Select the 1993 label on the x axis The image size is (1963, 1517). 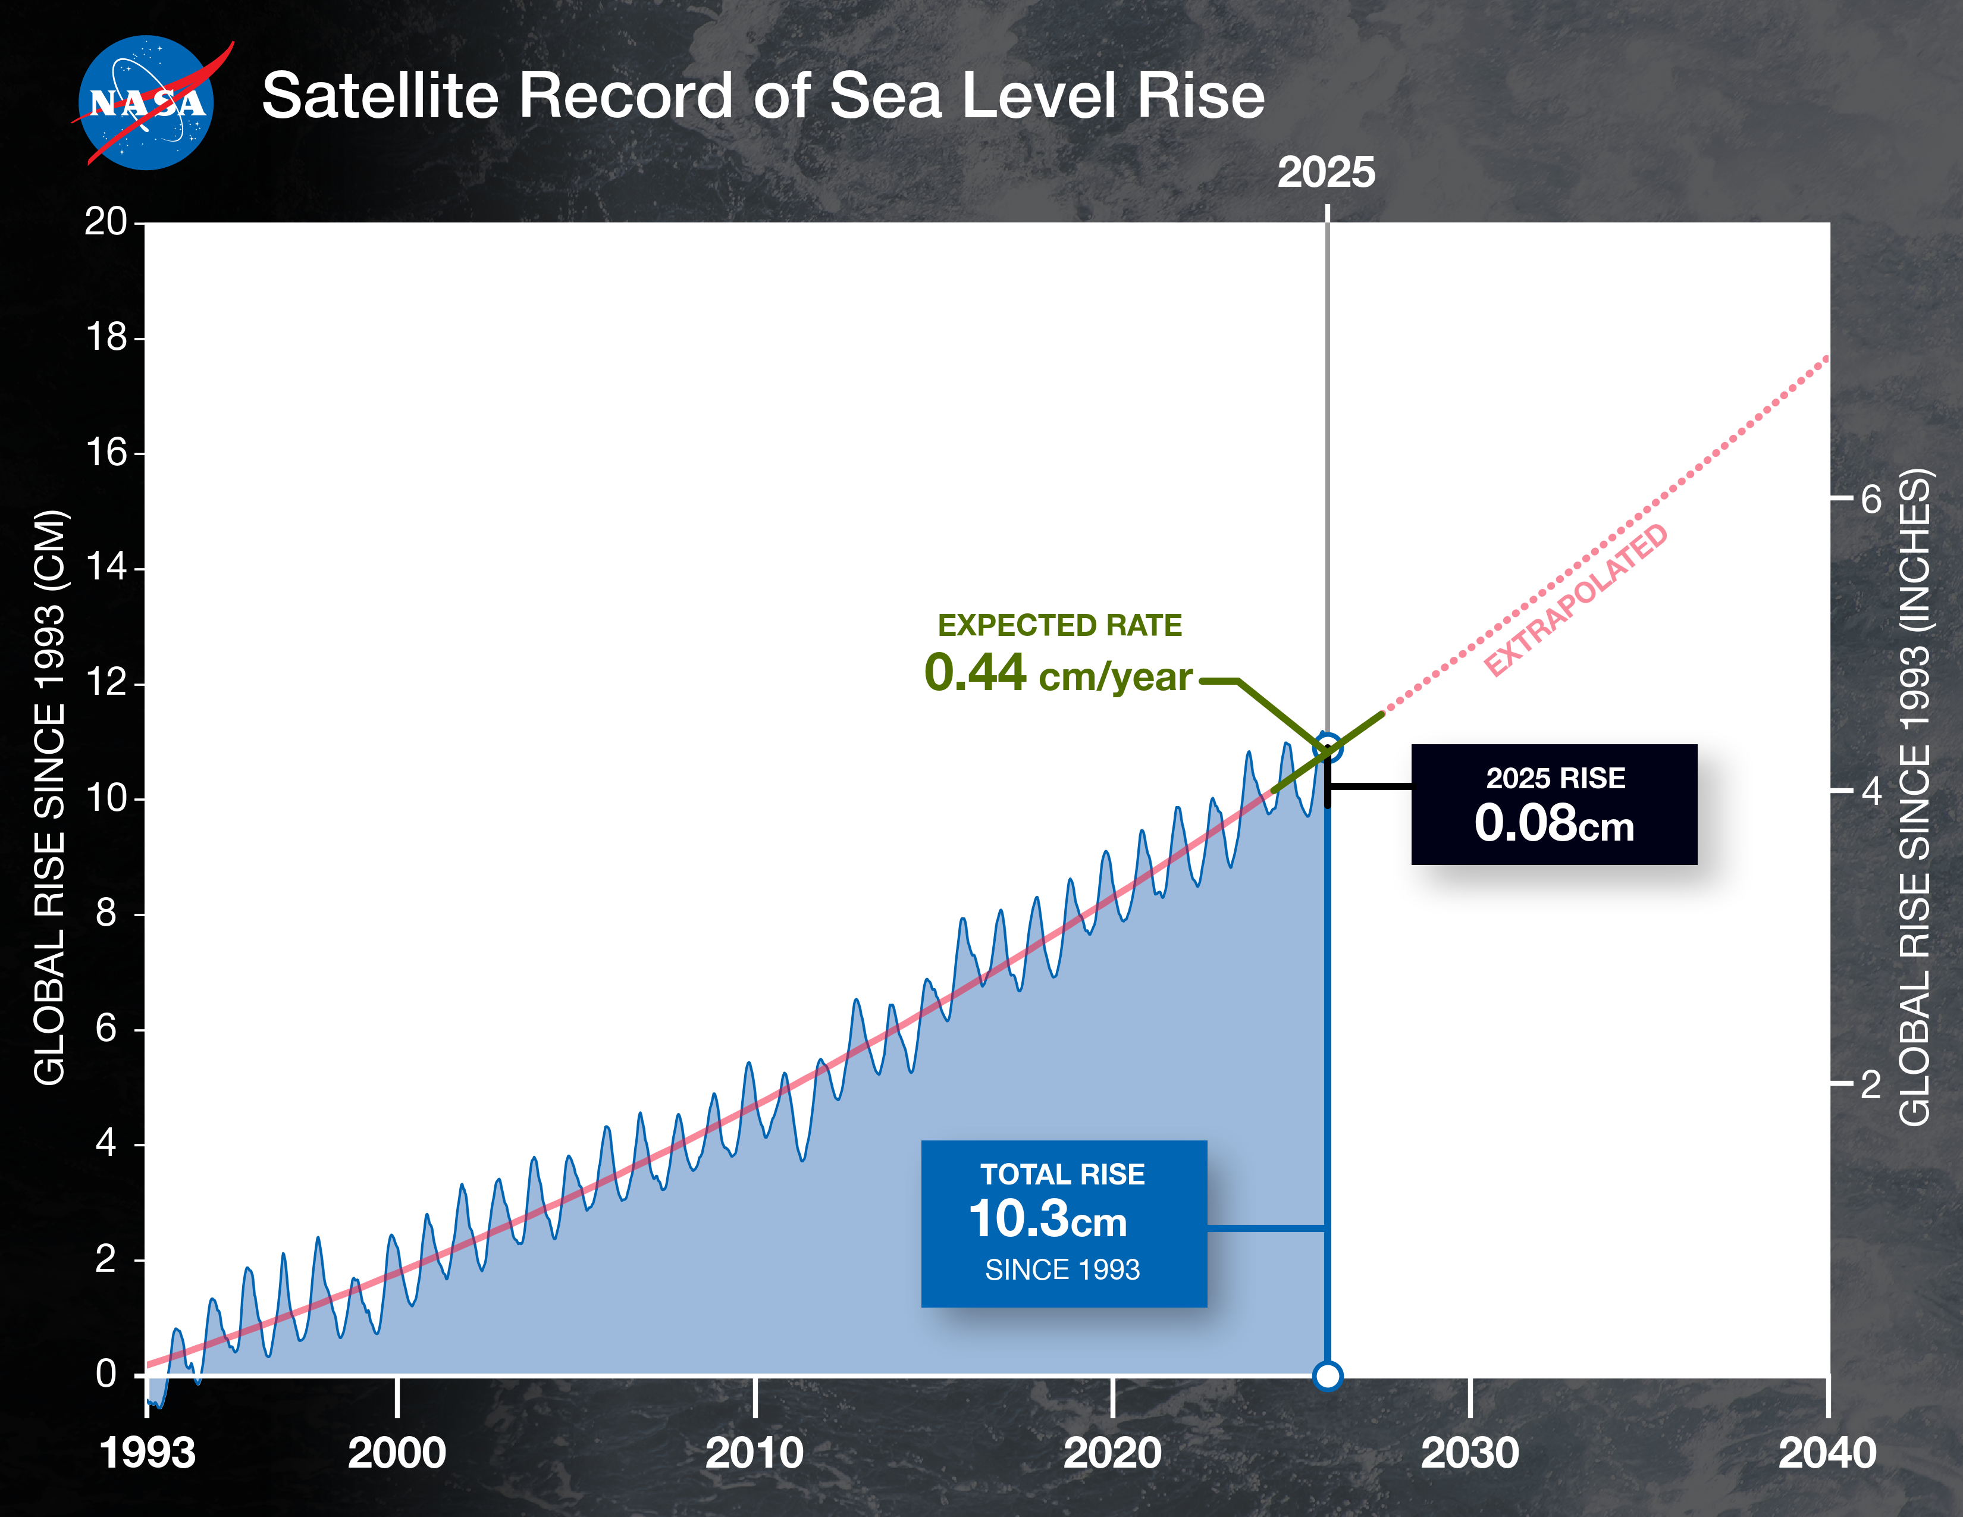point(148,1453)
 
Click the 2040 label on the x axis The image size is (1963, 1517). point(1826,1453)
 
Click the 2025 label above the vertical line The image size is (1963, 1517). point(1326,173)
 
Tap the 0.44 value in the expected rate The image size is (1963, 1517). point(975,672)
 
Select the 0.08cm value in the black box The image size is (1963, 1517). point(1553,823)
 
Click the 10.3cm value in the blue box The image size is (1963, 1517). point(1047,1220)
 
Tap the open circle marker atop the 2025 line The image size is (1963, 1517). point(1328,747)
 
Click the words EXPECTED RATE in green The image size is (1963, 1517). point(1059,625)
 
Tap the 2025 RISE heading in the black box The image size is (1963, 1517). point(1555,778)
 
